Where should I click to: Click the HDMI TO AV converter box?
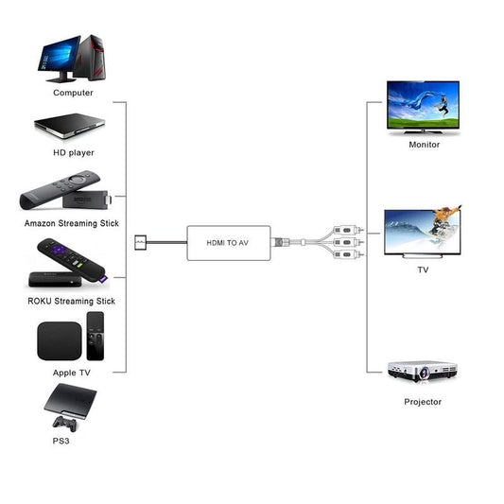click(x=228, y=242)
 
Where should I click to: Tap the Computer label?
click(x=73, y=93)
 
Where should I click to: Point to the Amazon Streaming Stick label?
click(x=72, y=223)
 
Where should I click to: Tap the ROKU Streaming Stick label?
click(x=72, y=301)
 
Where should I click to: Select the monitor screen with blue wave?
click(x=423, y=104)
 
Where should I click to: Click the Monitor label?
click(x=424, y=145)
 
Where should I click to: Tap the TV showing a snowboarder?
click(x=423, y=231)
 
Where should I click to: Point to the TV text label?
click(x=423, y=269)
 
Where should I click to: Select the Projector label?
click(x=423, y=402)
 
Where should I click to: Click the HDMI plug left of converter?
click(x=141, y=242)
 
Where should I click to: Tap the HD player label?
click(x=73, y=152)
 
